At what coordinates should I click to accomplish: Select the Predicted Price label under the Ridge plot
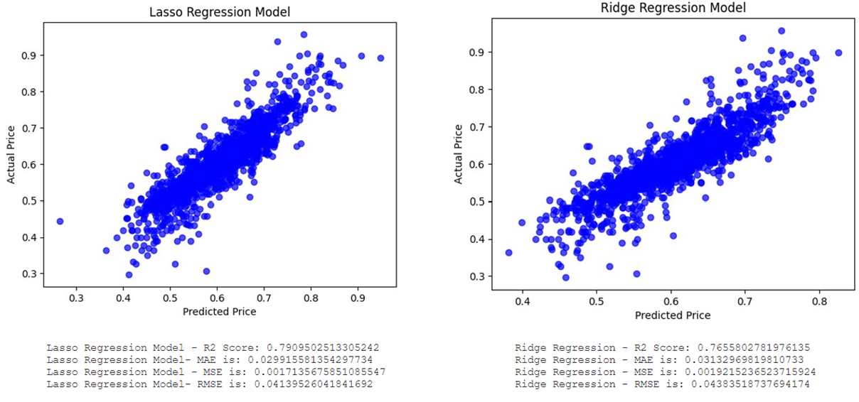pos(672,315)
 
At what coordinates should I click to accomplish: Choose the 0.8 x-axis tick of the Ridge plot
pos(819,301)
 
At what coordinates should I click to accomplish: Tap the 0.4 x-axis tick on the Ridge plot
pos(523,301)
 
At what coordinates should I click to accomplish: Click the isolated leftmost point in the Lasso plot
pos(60,222)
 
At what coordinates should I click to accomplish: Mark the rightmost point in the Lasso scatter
pos(380,58)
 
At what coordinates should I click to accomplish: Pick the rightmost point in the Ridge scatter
pos(838,53)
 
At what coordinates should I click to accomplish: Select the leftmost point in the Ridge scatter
pos(508,252)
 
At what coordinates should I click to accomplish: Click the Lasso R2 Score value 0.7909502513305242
pos(322,348)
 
